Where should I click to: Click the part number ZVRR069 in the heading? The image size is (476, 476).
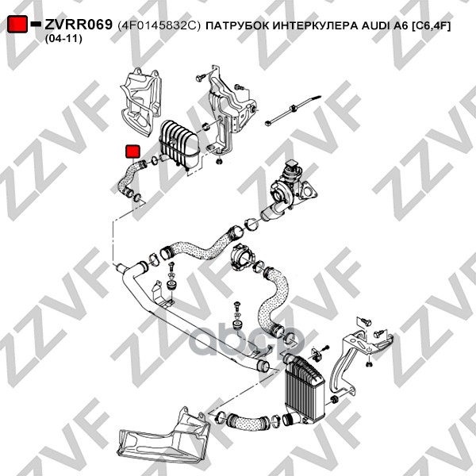pos(79,25)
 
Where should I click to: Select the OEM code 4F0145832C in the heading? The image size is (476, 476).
pos(159,26)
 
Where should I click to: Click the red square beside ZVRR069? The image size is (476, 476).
pos(17,25)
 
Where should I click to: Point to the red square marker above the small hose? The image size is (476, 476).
pos(132,152)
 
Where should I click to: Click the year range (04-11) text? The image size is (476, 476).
pos(63,39)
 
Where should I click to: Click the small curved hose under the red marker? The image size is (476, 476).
pos(130,178)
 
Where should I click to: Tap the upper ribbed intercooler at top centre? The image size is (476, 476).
pos(178,144)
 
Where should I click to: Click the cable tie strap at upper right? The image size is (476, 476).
pos(292,110)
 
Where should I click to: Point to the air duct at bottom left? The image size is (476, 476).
pos(163,433)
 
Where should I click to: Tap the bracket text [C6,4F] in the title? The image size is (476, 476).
pos(431,26)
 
